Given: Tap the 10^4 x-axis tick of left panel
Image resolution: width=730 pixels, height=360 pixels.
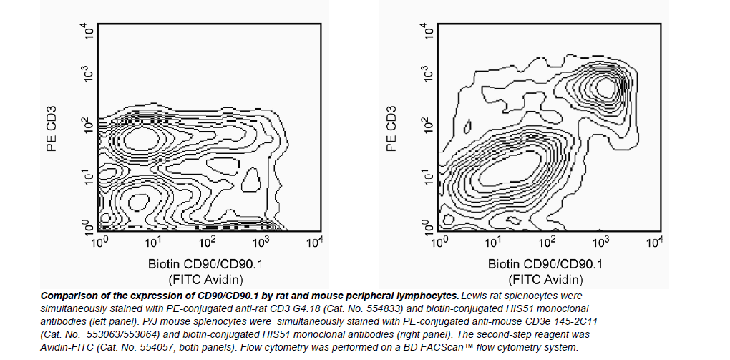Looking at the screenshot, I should (x=313, y=243).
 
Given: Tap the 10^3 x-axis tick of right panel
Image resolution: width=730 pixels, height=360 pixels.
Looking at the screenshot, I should (x=600, y=243).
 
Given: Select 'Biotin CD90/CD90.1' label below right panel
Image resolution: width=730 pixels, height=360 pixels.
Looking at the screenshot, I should (x=546, y=263).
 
